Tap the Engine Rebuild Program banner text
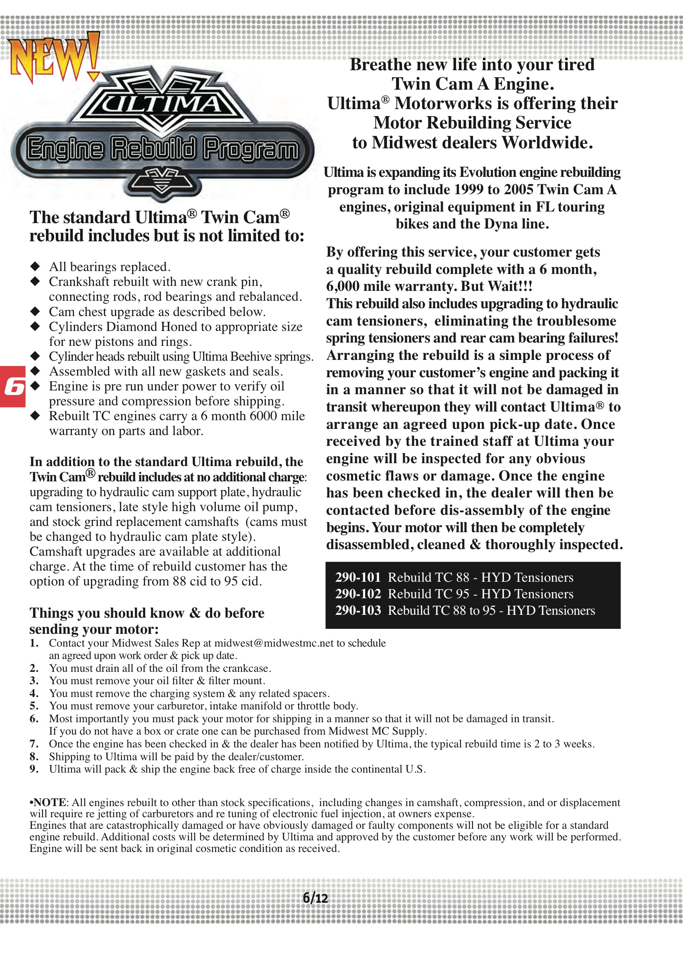click(x=162, y=149)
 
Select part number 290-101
click(x=358, y=577)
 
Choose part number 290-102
click(x=358, y=594)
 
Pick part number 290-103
click(x=358, y=610)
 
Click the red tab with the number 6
click(x=13, y=386)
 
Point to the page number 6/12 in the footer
click(x=315, y=898)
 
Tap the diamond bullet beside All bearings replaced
click(x=35, y=266)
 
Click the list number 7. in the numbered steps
click(x=34, y=743)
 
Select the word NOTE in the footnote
click(x=50, y=802)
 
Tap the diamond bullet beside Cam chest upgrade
click(x=35, y=312)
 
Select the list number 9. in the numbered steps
click(x=34, y=769)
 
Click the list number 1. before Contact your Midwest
click(x=34, y=643)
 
